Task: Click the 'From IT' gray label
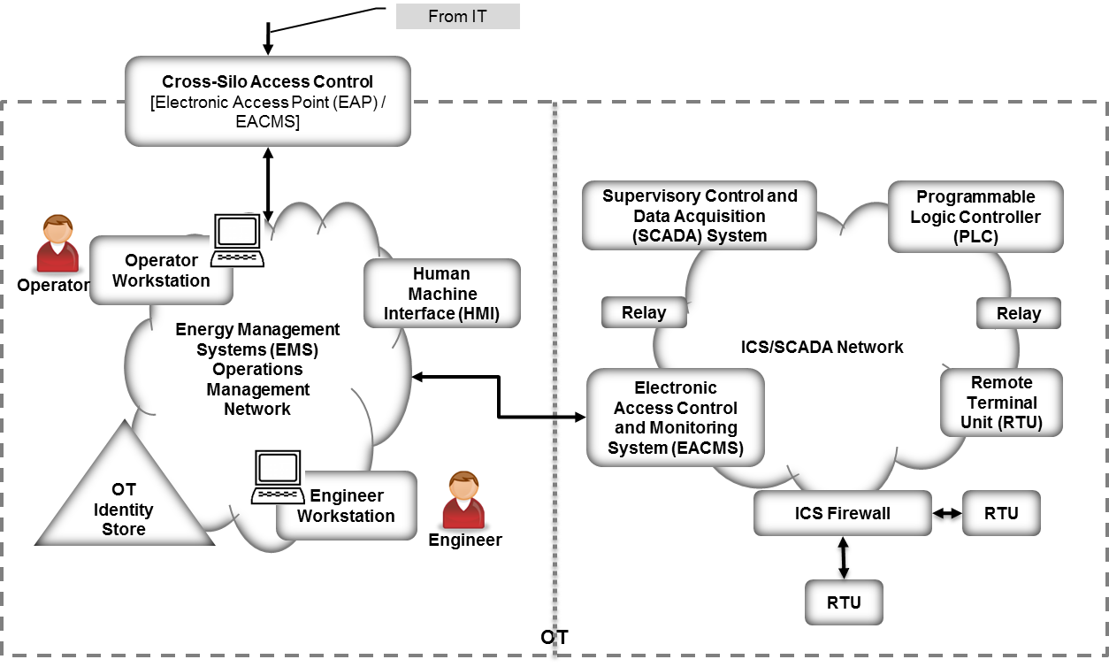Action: pos(457,16)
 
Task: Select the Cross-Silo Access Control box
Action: pos(268,101)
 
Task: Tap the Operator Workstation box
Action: pos(161,271)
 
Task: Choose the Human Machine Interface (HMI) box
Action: pos(441,294)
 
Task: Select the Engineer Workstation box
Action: pos(346,505)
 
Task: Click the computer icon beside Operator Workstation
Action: pos(238,241)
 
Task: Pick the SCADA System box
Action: pos(699,216)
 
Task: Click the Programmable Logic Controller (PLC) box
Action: pos(975,218)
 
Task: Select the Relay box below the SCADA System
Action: pos(645,312)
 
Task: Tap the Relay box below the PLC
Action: pos(1018,313)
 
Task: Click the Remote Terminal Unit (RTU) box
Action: pos(1001,402)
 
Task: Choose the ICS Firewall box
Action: pos(842,513)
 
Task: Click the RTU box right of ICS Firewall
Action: pos(1000,513)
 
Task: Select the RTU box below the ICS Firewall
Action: pos(844,602)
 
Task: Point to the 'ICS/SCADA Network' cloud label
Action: pos(822,347)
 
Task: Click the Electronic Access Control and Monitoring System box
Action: pos(675,418)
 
